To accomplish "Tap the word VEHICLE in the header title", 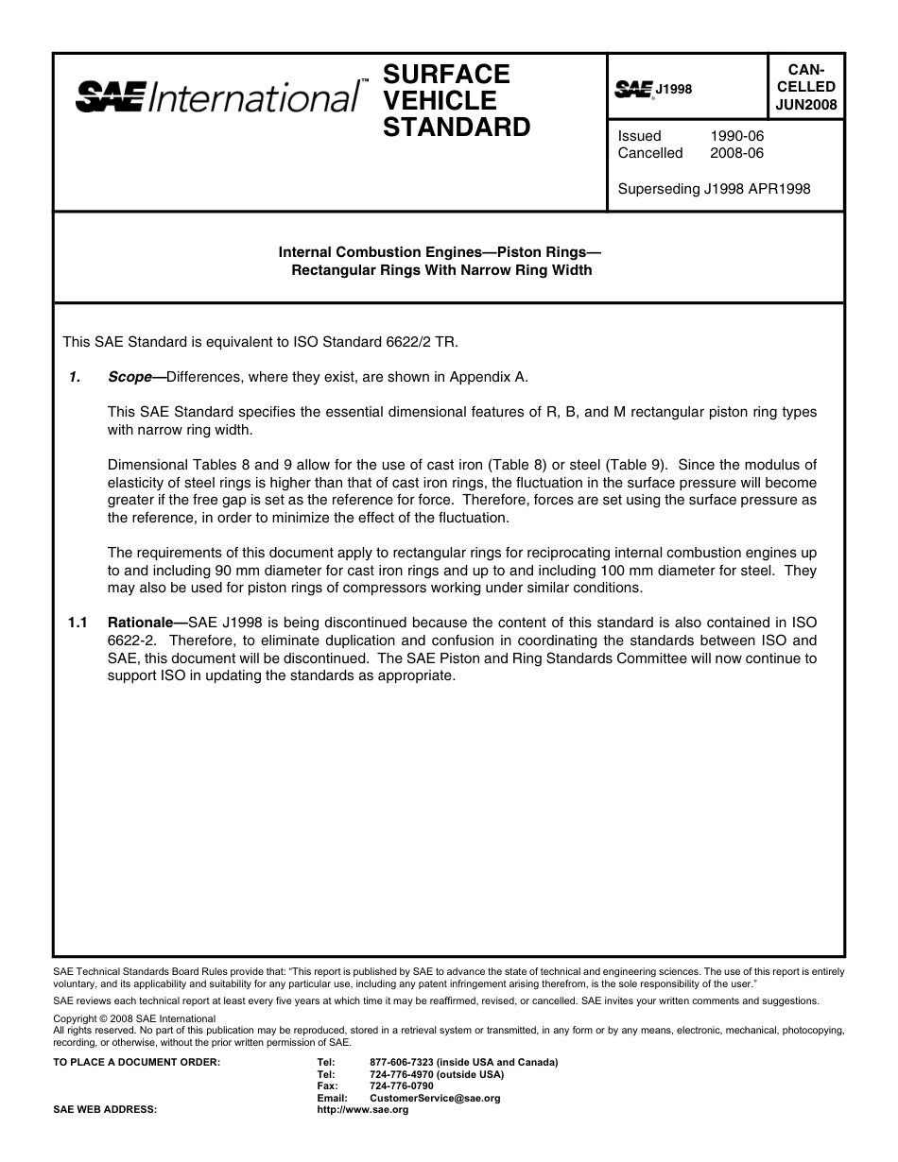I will [440, 100].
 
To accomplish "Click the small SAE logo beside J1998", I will [634, 89].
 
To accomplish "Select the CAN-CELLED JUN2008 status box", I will [805, 87].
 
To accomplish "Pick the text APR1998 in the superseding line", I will [778, 189].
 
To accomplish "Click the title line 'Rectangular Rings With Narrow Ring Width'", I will [441, 270].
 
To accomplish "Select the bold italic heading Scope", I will [130, 377].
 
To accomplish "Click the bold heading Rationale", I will [144, 624].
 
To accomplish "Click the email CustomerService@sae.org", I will [435, 1099].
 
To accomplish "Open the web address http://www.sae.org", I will [362, 1110].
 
